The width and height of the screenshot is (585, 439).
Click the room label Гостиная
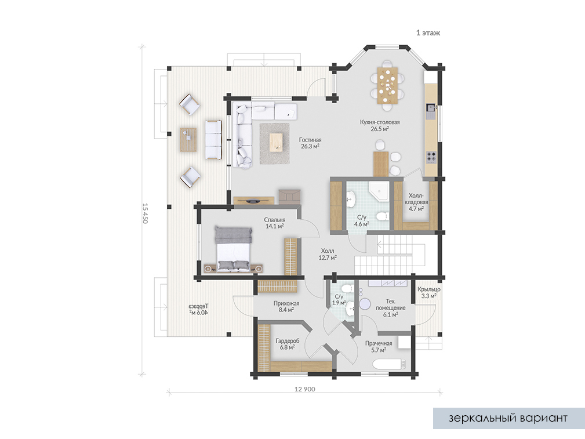(x=310, y=140)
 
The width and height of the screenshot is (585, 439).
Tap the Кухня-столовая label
(x=380, y=122)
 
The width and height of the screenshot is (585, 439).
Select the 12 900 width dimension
(x=305, y=389)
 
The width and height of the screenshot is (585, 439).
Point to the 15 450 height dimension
(x=145, y=213)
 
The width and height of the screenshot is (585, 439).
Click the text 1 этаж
(x=428, y=33)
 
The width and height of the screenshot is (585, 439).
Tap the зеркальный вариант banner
(x=508, y=418)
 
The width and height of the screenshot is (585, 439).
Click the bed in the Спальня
(x=233, y=249)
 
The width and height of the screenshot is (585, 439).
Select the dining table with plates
(x=388, y=85)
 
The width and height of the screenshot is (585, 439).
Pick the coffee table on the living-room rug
(x=277, y=142)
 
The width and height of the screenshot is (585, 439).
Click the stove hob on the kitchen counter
(x=431, y=157)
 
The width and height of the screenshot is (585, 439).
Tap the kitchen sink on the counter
(x=431, y=108)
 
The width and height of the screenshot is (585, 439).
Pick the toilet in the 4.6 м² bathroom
(x=382, y=216)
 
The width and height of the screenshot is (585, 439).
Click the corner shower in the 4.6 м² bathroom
(x=379, y=191)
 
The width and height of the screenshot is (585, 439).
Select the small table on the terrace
(x=188, y=140)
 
